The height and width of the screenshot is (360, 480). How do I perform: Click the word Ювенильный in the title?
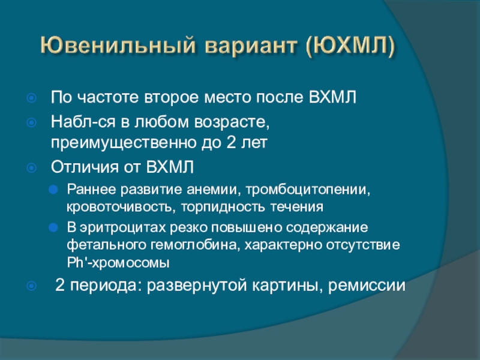point(118,46)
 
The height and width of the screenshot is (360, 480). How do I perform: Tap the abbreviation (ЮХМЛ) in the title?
point(350,47)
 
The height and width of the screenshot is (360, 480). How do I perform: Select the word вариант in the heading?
point(251,47)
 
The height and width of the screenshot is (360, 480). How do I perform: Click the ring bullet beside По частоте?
point(32,98)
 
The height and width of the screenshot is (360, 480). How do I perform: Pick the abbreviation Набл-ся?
point(83,122)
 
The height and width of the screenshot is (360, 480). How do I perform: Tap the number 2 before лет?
point(230,142)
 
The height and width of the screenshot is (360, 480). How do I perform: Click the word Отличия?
point(85,167)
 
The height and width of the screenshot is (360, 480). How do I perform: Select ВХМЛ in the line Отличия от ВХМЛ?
point(170,167)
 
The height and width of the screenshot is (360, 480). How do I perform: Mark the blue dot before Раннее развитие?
point(53,190)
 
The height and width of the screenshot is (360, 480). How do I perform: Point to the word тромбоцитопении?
point(308,190)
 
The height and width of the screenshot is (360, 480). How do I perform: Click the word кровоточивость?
point(119,207)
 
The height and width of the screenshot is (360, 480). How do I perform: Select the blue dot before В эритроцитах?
point(53,228)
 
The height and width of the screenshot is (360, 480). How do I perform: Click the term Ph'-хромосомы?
point(118,263)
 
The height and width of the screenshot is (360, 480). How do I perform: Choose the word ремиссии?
point(367,286)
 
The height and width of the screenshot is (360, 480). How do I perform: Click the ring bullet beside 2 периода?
point(32,286)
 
